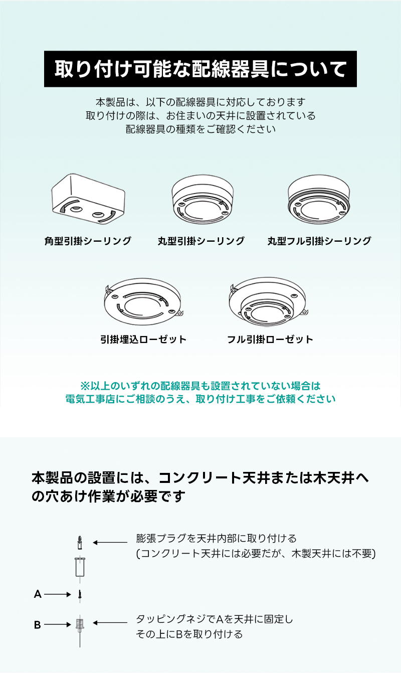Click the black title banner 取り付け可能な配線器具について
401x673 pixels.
coord(200,69)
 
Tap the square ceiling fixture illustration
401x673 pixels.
coord(88,199)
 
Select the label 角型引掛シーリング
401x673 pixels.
coord(88,241)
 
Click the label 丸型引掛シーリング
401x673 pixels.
coord(201,241)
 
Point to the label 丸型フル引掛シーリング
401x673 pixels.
coord(319,241)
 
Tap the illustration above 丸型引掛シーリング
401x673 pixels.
coord(203,199)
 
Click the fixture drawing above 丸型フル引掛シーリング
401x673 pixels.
coord(319,199)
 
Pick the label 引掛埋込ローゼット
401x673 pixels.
coord(143,340)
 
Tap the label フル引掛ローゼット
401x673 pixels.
coord(270,340)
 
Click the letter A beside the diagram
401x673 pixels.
coord(38,594)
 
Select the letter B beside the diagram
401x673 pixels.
coord(37,625)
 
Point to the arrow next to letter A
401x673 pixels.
coord(57,594)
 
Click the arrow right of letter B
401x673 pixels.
coord(57,625)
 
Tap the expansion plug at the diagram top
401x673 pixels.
coord(80,542)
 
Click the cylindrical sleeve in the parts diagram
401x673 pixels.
coord(80,567)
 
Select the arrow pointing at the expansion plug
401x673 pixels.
coord(110,542)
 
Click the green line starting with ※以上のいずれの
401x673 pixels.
coord(200,386)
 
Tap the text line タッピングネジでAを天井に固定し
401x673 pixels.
coord(215,619)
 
